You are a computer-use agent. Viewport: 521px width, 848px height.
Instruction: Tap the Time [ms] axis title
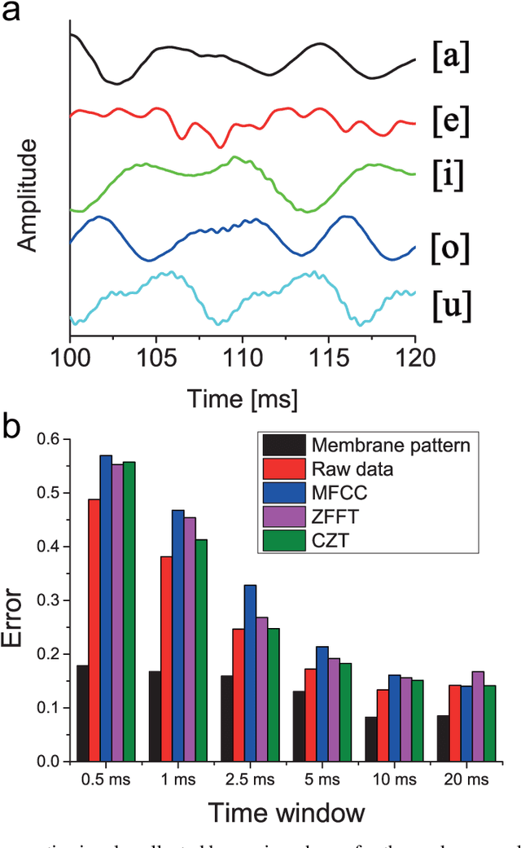click(242, 399)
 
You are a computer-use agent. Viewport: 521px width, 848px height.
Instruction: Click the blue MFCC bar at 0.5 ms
click(106, 608)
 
